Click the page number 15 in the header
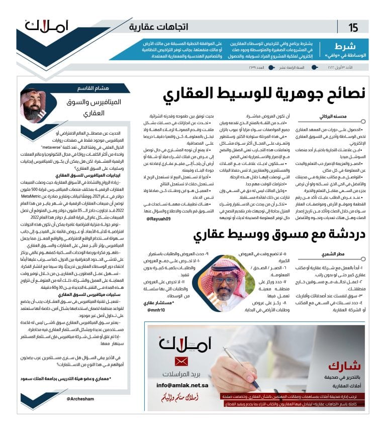point(353,27)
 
